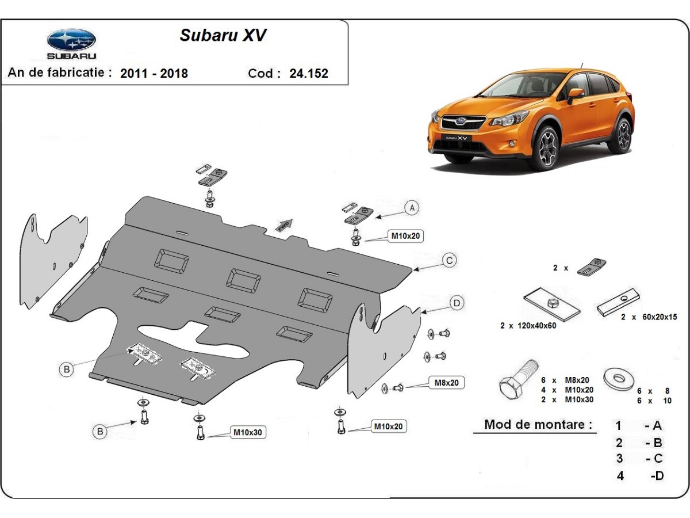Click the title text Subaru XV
click(x=223, y=35)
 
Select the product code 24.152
click(x=309, y=74)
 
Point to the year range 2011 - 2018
click(x=154, y=74)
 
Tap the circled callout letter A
click(x=412, y=208)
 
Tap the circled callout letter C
click(x=449, y=260)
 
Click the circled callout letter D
click(x=457, y=303)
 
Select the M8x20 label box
click(x=446, y=383)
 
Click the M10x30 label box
click(x=248, y=432)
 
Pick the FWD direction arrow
click(x=284, y=225)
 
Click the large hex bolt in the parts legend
click(x=518, y=380)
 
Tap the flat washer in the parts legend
click(x=619, y=378)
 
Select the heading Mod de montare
click(x=538, y=424)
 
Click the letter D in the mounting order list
click(x=658, y=475)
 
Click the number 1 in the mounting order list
click(x=618, y=425)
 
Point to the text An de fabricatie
click(x=60, y=73)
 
